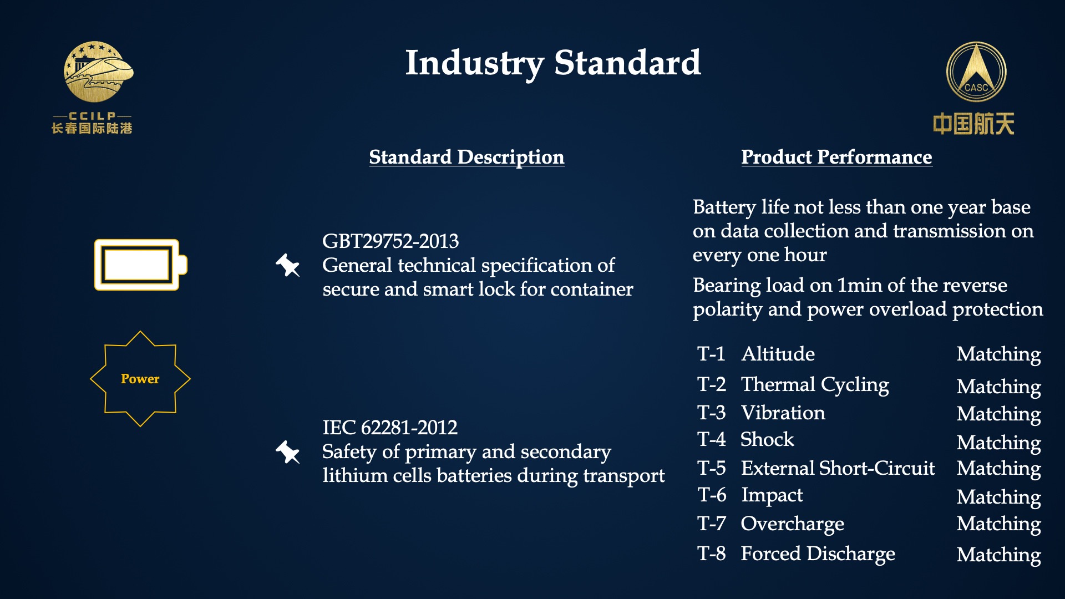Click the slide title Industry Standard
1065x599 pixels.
[x=553, y=63]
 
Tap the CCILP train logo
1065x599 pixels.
[x=99, y=72]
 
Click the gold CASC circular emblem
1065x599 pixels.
[x=976, y=73]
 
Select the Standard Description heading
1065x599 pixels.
[x=466, y=157]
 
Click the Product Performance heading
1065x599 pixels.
[x=836, y=157]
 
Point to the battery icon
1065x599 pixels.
[x=141, y=265]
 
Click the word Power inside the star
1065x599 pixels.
[x=140, y=379]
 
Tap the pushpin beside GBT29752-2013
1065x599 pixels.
[x=288, y=265]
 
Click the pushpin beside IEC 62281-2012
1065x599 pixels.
[x=288, y=452]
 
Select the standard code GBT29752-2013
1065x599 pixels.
[x=390, y=241]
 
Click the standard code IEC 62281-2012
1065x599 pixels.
[x=390, y=428]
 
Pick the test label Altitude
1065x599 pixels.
[x=778, y=354]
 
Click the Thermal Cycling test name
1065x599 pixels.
[x=815, y=385]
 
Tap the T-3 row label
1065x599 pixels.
[x=712, y=413]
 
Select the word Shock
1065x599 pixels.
[x=767, y=439]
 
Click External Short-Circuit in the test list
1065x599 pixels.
[x=838, y=468]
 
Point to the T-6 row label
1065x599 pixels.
[x=712, y=495]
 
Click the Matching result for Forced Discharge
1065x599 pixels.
[x=999, y=555]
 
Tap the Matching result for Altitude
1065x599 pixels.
[x=999, y=355]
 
